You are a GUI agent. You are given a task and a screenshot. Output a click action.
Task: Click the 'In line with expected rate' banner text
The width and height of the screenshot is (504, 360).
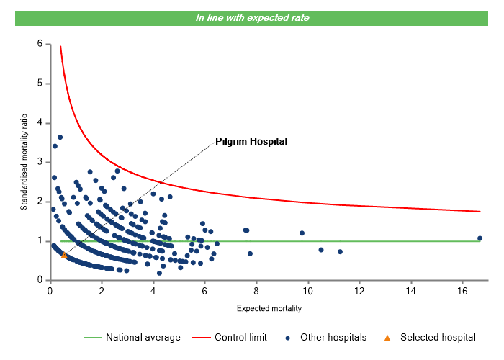click(x=252, y=18)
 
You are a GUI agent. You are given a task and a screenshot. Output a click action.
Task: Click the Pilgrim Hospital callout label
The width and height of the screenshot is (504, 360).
click(x=251, y=142)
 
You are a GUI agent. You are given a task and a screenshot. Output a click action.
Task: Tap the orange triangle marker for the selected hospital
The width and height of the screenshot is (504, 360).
click(x=64, y=255)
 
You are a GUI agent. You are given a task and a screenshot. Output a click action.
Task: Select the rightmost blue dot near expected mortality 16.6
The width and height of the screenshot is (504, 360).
click(x=480, y=238)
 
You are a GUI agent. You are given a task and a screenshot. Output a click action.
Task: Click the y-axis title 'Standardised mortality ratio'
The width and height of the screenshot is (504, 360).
click(x=24, y=161)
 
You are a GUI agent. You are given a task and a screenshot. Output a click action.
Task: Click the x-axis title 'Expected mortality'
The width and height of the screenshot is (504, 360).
click(x=269, y=309)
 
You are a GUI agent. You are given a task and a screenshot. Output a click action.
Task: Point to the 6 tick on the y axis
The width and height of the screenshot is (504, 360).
click(x=40, y=44)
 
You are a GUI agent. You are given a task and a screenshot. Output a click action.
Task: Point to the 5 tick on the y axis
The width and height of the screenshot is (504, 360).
click(x=40, y=84)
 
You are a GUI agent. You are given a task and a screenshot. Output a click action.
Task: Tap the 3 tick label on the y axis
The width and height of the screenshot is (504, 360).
click(x=40, y=162)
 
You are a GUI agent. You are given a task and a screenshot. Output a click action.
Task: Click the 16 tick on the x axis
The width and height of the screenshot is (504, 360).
click(x=462, y=291)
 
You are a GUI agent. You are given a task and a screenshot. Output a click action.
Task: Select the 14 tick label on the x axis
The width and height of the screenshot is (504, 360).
click(x=410, y=291)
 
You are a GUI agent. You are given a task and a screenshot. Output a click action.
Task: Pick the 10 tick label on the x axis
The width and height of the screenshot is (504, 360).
click(x=307, y=291)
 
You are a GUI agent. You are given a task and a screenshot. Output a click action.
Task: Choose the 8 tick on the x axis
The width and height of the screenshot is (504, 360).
click(x=256, y=291)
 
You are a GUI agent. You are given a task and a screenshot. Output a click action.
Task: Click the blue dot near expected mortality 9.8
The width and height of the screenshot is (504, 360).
click(x=302, y=233)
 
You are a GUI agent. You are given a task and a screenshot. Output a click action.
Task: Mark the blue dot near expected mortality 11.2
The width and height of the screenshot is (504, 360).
click(x=340, y=252)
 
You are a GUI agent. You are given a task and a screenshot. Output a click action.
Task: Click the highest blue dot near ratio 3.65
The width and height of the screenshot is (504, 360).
click(x=60, y=137)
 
